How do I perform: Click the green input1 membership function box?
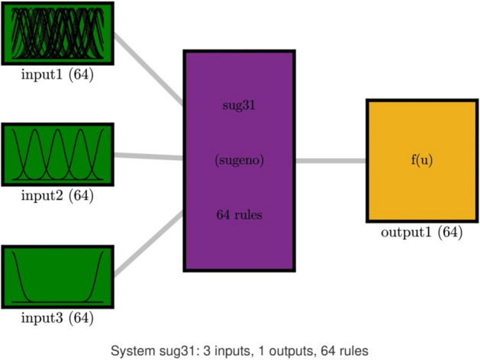(x=59, y=35)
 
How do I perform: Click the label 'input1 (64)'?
(x=59, y=76)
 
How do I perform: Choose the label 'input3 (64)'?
(x=59, y=317)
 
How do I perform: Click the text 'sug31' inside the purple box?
(x=239, y=105)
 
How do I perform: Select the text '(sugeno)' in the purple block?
(x=239, y=160)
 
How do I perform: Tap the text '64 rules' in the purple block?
(x=239, y=215)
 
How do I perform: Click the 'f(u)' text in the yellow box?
(x=421, y=160)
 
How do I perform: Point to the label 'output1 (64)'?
(x=421, y=233)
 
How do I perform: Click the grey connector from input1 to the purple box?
(x=149, y=69)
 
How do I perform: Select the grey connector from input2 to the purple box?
(x=149, y=156)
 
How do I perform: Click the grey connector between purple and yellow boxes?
(x=330, y=161)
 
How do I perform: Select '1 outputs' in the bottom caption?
(x=282, y=351)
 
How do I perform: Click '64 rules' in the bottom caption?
(x=341, y=351)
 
